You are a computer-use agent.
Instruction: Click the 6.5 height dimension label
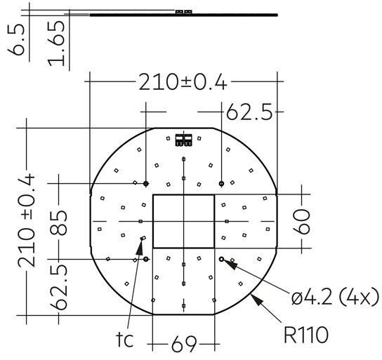click(19, 41)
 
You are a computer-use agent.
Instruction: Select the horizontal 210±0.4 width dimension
click(182, 83)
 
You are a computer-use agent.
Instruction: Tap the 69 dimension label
click(183, 345)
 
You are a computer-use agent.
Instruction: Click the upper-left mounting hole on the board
click(146, 183)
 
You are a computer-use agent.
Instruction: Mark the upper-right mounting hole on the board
click(221, 183)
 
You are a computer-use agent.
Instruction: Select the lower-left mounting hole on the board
click(146, 259)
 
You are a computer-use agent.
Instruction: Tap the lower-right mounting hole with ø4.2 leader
click(221, 259)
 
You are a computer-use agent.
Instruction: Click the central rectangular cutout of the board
click(183, 221)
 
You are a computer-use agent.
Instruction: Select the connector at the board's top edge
click(184, 139)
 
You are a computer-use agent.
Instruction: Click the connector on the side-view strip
click(184, 11)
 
